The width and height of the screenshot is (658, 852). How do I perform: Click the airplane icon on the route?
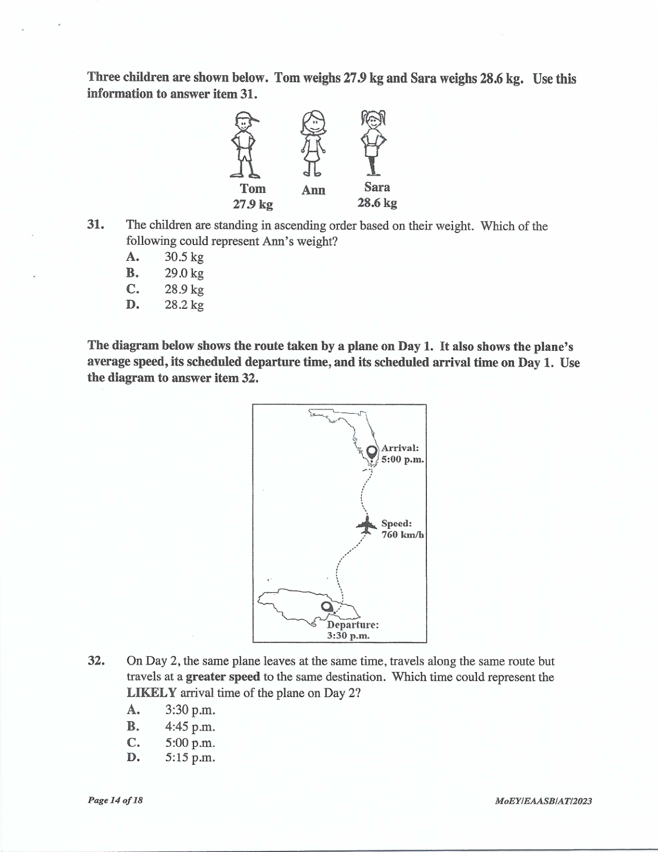pos(366,525)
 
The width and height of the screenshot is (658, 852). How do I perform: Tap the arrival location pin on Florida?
pos(372,453)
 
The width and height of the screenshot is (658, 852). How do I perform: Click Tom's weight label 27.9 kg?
pos(253,205)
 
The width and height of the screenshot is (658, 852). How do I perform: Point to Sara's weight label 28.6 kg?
pos(377,203)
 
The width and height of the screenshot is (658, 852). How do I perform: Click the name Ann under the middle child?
pos(313,190)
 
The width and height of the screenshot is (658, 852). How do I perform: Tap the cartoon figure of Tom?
pos(245,144)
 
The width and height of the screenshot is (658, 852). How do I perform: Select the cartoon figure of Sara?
pos(374,143)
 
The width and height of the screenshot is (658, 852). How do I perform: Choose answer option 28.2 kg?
pos(184,305)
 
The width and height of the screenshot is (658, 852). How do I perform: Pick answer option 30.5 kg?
pos(184,257)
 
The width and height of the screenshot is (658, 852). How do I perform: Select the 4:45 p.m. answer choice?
pos(190,727)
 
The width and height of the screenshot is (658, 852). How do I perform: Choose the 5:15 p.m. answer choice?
pos(190,757)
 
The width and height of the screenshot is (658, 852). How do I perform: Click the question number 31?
pos(95,225)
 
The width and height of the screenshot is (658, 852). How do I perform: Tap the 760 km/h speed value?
pos(403,535)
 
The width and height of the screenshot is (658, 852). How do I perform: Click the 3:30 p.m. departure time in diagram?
pos(348,636)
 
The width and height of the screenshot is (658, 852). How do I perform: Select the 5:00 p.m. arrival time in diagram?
pos(403,459)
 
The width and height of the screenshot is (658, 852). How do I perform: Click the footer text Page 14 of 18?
pos(115,800)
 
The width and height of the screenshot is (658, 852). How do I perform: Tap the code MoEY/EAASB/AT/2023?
pos(543,801)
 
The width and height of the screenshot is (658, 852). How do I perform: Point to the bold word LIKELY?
pos(152,693)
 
